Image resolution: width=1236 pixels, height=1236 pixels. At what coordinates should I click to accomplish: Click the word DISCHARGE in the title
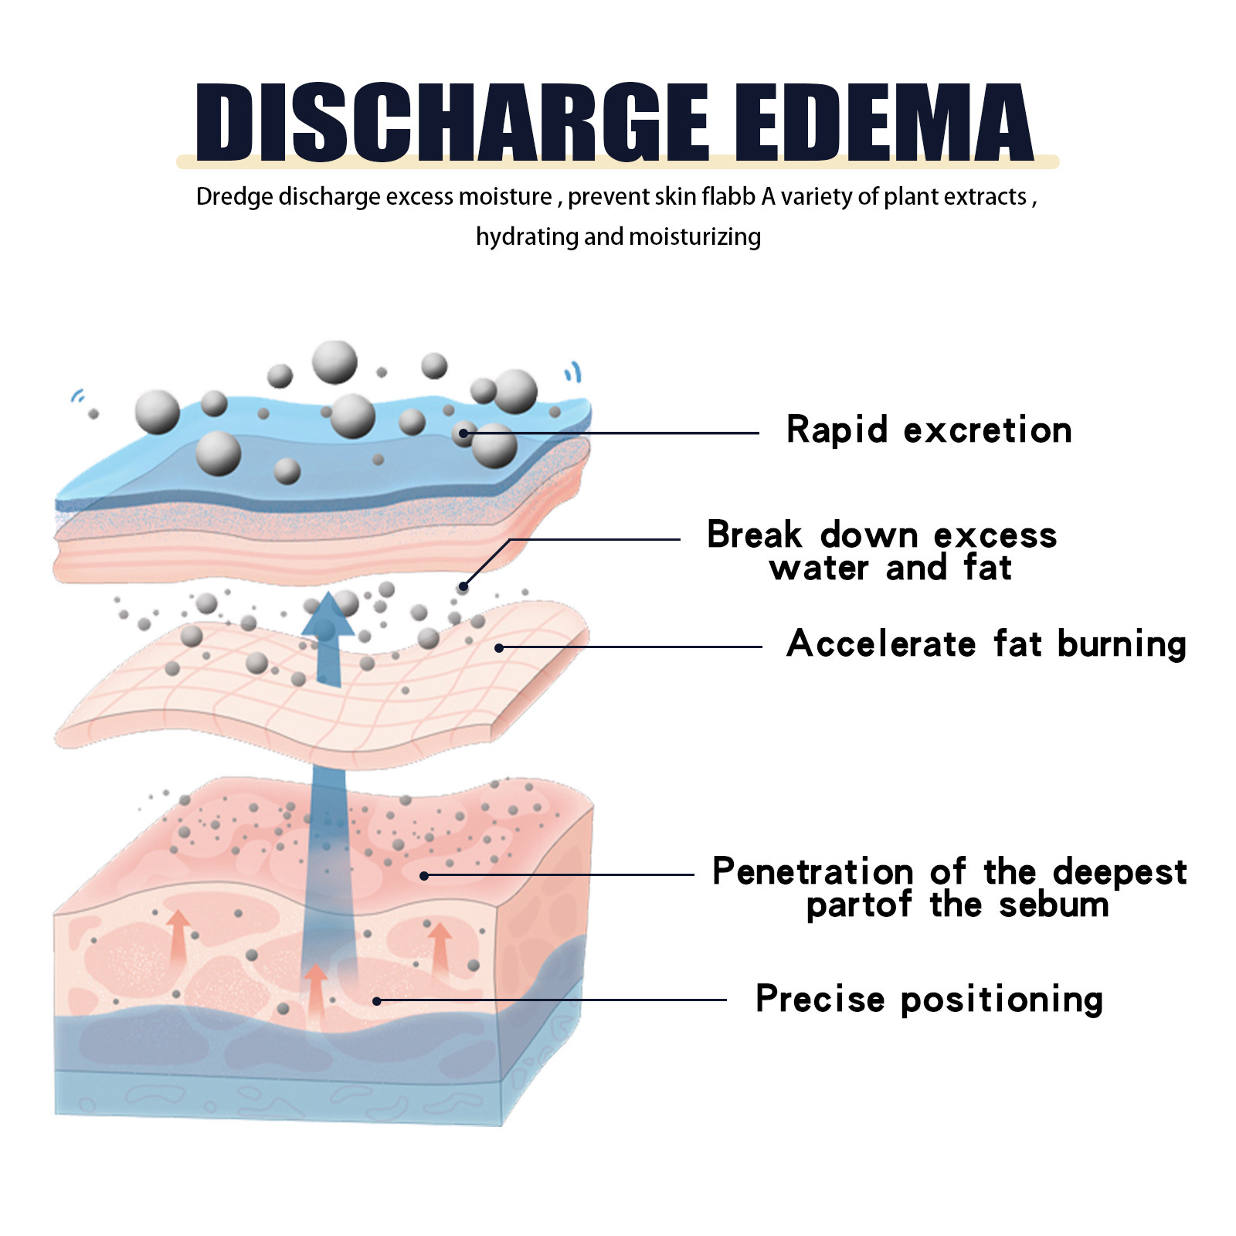click(452, 124)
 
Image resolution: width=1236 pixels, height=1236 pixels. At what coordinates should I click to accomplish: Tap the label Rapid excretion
click(929, 430)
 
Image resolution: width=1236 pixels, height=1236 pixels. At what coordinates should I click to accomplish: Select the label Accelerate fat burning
click(986, 644)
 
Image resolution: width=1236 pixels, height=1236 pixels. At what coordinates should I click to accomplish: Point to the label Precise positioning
click(929, 999)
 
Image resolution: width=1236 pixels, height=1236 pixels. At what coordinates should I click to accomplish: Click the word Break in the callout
click(755, 535)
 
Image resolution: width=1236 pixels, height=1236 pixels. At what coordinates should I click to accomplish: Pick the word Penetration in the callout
click(813, 872)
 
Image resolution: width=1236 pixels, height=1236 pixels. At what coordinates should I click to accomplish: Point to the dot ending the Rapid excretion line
click(463, 433)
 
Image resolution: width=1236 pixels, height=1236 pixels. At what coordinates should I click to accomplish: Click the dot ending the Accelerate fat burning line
click(499, 647)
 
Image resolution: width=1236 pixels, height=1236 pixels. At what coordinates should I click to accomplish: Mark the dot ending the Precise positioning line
click(377, 1001)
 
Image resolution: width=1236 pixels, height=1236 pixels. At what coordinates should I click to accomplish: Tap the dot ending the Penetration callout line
click(424, 875)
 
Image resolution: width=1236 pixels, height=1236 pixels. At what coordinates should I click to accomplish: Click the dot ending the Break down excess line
click(463, 587)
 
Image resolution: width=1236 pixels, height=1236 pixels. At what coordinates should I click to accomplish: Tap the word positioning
click(1001, 1000)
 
